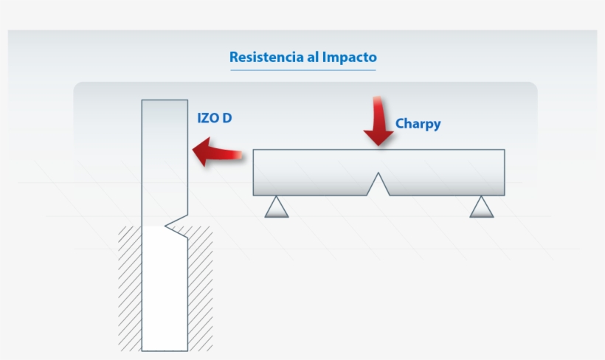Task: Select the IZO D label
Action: (x=215, y=117)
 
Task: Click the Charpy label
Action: (x=418, y=124)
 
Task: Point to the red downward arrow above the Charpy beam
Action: (x=378, y=120)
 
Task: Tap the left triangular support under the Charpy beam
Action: (x=277, y=207)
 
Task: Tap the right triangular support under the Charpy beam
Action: (x=481, y=207)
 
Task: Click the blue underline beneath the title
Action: (x=302, y=70)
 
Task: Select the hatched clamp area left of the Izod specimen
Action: (x=130, y=288)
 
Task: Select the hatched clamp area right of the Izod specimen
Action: (x=200, y=288)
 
